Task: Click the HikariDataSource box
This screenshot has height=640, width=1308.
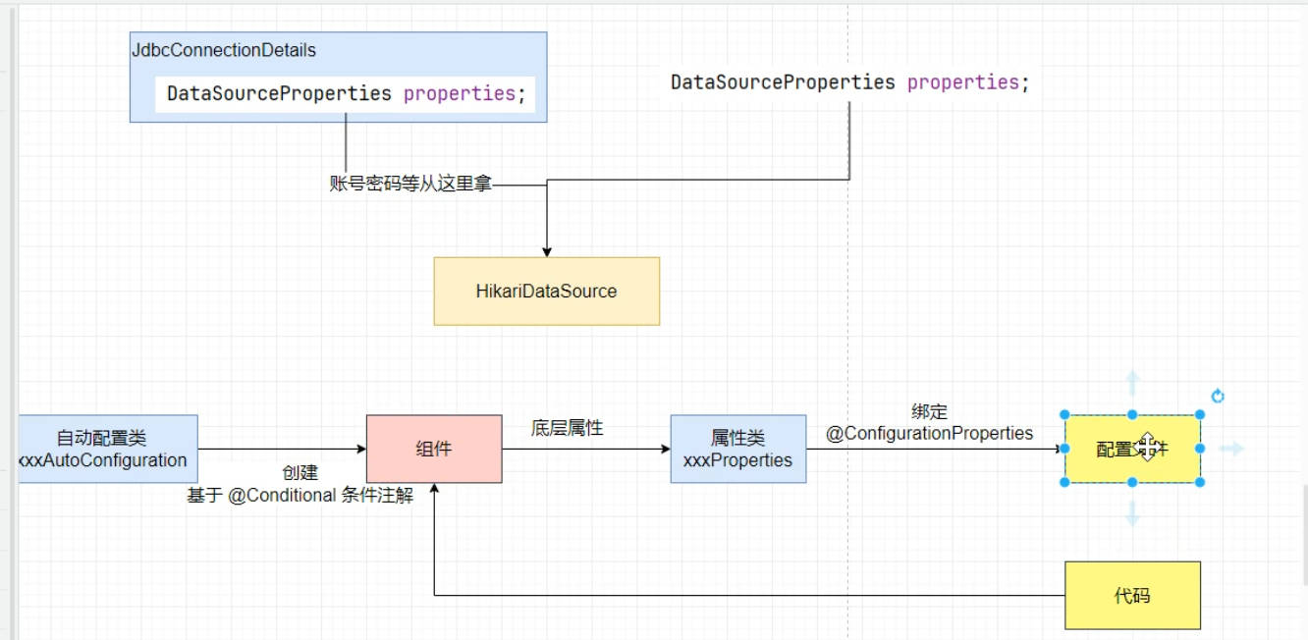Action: pos(546,291)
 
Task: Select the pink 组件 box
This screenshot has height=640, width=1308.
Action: pos(434,449)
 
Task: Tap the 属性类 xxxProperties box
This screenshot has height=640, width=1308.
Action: pos(738,449)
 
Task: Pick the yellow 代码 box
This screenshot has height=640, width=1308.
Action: pos(1132,595)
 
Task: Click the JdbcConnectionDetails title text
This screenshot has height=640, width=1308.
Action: pos(224,50)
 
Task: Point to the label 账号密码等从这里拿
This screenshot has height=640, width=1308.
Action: pos(410,183)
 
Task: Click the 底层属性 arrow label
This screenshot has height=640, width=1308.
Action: pos(567,428)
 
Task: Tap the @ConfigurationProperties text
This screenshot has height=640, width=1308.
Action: pos(929,433)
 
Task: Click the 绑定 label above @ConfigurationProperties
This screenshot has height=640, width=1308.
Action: pos(929,412)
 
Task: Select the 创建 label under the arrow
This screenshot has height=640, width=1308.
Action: pos(300,473)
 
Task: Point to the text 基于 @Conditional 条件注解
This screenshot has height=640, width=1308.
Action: pos(300,496)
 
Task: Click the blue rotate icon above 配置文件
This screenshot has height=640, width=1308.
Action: pos(1218,397)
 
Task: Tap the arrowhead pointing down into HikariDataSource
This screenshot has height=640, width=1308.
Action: pos(546,251)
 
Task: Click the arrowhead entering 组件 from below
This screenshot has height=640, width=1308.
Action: pos(434,489)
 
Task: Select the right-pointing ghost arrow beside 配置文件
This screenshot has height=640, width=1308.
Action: pos(1231,449)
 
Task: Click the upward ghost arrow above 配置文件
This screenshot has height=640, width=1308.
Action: pos(1132,381)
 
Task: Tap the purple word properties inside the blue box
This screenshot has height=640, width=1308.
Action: pos(459,93)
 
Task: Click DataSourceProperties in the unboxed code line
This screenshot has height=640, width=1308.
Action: pos(783,82)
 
